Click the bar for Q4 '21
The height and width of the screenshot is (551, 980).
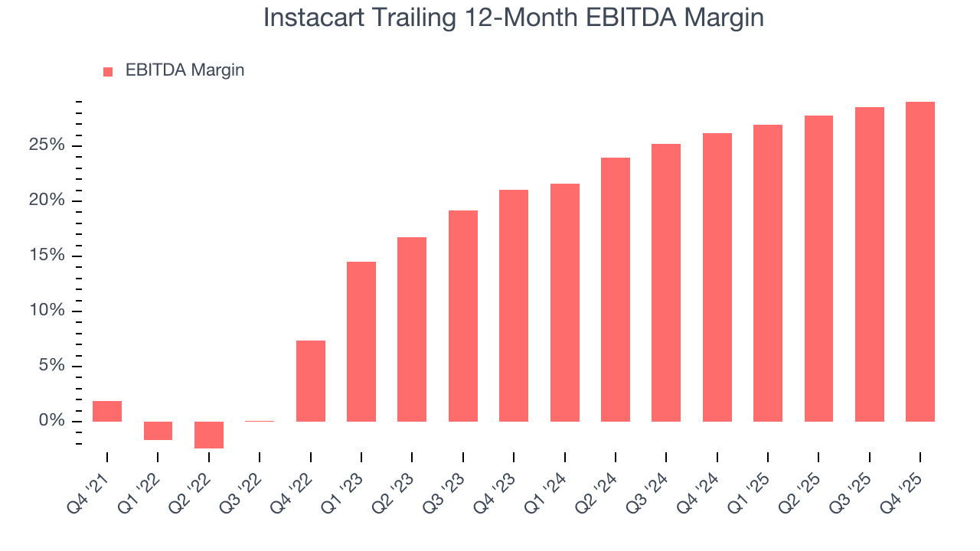pyautogui.click(x=107, y=411)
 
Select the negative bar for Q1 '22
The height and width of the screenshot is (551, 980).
pyautogui.click(x=158, y=431)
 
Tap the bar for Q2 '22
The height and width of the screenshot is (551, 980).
pyautogui.click(x=208, y=435)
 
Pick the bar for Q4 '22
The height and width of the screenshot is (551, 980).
pyautogui.click(x=311, y=381)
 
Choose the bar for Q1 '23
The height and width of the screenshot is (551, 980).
pyautogui.click(x=361, y=341)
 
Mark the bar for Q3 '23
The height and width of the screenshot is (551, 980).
pyautogui.click(x=463, y=316)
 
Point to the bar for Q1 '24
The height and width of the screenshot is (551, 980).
pyautogui.click(x=565, y=302)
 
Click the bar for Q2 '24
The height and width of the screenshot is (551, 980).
pyautogui.click(x=616, y=289)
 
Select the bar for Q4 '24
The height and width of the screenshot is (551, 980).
pyautogui.click(x=717, y=277)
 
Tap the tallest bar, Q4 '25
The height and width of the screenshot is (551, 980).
pyautogui.click(x=920, y=262)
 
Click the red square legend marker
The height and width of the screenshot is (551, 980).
pyautogui.click(x=108, y=71)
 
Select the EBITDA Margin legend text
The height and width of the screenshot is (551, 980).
pyautogui.click(x=185, y=70)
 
